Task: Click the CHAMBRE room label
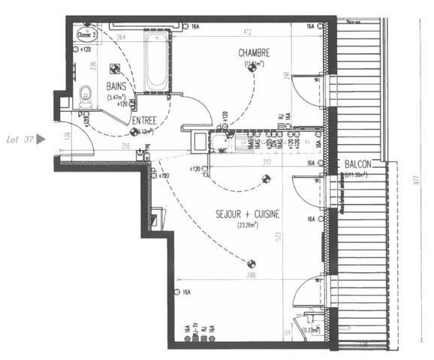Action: (x=254, y=52)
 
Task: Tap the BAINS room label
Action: (x=116, y=87)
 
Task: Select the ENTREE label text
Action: (x=144, y=120)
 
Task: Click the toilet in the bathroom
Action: (x=86, y=94)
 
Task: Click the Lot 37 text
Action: (x=18, y=139)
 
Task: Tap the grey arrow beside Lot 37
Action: (x=41, y=139)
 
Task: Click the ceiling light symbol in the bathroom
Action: (x=115, y=66)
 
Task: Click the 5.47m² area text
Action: (x=116, y=97)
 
